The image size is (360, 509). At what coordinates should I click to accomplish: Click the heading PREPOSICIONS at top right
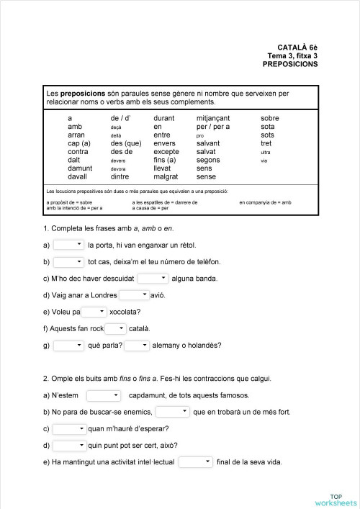tap(290, 64)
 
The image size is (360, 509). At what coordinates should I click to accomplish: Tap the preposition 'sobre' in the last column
tap(270, 118)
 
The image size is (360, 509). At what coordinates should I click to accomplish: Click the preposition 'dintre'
tap(120, 176)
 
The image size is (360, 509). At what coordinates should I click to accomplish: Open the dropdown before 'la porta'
tap(69, 245)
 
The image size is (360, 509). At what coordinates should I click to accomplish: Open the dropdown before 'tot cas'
tap(69, 261)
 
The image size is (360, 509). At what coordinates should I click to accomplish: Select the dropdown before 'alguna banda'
tap(153, 278)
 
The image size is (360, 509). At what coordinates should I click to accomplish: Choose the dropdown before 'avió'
tap(134, 294)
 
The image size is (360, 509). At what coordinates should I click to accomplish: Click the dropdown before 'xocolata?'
tap(94, 312)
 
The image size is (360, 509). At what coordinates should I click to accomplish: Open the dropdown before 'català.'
tap(115, 328)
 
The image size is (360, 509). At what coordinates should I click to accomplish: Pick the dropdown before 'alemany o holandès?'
tap(137, 345)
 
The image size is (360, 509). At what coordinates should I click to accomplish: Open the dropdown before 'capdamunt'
tap(104, 395)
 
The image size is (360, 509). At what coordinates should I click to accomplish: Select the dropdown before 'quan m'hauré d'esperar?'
tap(69, 428)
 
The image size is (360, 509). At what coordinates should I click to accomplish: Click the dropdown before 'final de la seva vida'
tap(196, 461)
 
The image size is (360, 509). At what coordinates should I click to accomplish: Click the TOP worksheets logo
tap(334, 499)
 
